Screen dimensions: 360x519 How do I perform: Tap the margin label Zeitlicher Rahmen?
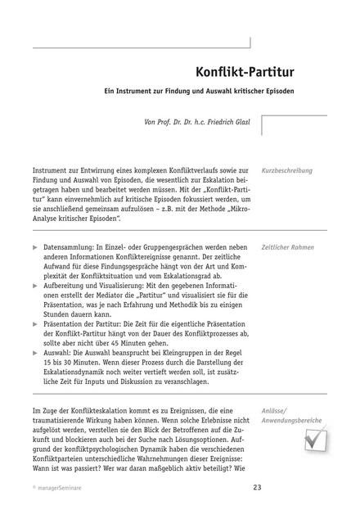click(x=288, y=246)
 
